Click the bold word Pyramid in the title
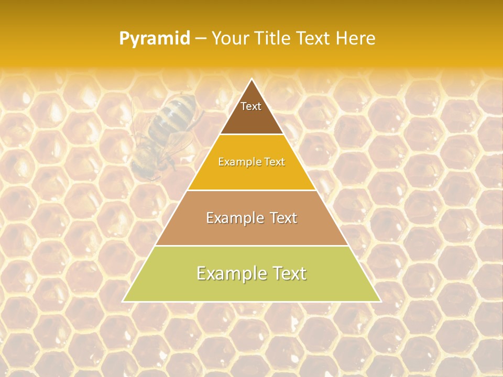point(155,39)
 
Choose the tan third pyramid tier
point(251,230)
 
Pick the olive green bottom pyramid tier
point(251,285)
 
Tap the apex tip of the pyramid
point(251,80)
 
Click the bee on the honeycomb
point(162,134)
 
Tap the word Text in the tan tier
point(280,218)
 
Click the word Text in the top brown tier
point(251,106)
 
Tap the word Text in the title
point(314,39)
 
